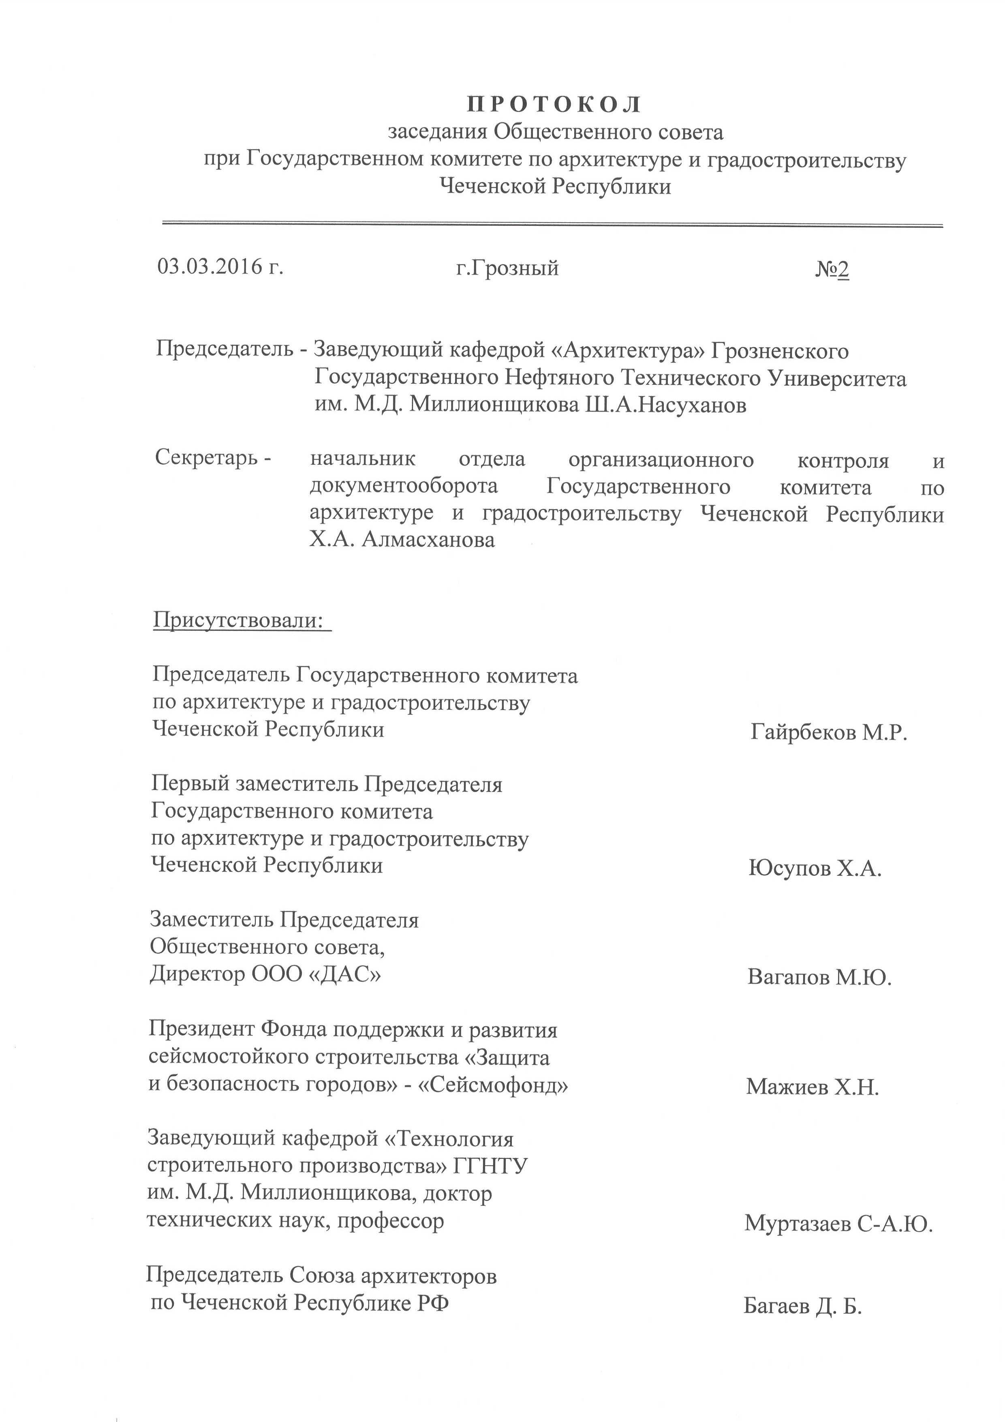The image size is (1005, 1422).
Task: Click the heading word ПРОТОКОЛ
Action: [554, 105]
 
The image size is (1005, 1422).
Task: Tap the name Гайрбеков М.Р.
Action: [829, 733]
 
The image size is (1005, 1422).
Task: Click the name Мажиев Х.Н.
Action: [813, 1087]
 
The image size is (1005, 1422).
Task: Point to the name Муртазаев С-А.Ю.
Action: [838, 1223]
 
